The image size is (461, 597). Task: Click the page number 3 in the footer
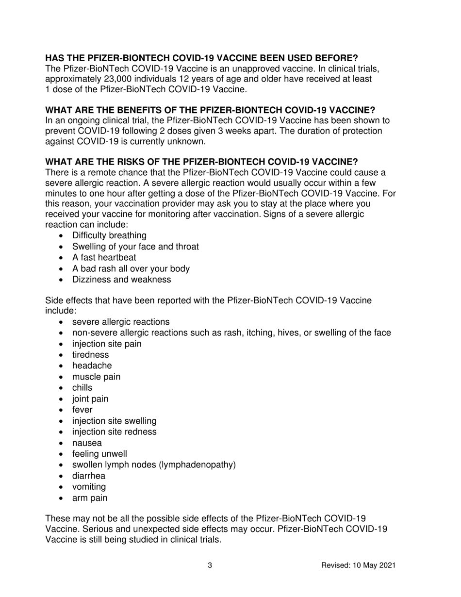tap(210, 565)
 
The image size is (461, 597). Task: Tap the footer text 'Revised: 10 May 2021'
tap(359, 565)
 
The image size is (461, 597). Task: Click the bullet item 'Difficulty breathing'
tap(109, 235)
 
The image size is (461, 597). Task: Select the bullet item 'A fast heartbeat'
tap(104, 257)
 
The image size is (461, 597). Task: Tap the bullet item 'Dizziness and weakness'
tap(121, 280)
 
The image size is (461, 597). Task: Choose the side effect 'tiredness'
tap(90, 355)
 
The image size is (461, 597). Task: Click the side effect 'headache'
tap(92, 365)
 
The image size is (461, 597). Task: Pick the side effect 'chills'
tap(82, 387)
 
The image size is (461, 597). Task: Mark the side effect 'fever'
tap(82, 410)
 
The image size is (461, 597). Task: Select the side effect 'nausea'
tap(87, 443)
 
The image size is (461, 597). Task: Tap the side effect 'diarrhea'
tap(88, 476)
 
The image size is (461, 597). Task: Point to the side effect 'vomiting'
tap(89, 487)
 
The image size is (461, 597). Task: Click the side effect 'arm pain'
tap(90, 498)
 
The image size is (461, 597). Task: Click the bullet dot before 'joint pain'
tap(61, 399)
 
